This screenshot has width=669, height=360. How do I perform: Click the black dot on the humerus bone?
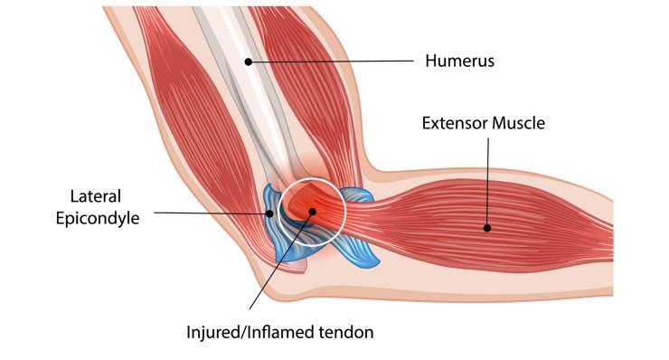(x=247, y=62)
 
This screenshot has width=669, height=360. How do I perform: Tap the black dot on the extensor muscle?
(x=487, y=227)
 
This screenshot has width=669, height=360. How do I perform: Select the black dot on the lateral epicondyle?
(x=270, y=213)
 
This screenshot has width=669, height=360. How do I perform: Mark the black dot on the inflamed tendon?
(x=312, y=212)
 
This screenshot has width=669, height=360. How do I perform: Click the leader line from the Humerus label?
(x=334, y=62)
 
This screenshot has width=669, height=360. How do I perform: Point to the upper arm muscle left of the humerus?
(x=190, y=118)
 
